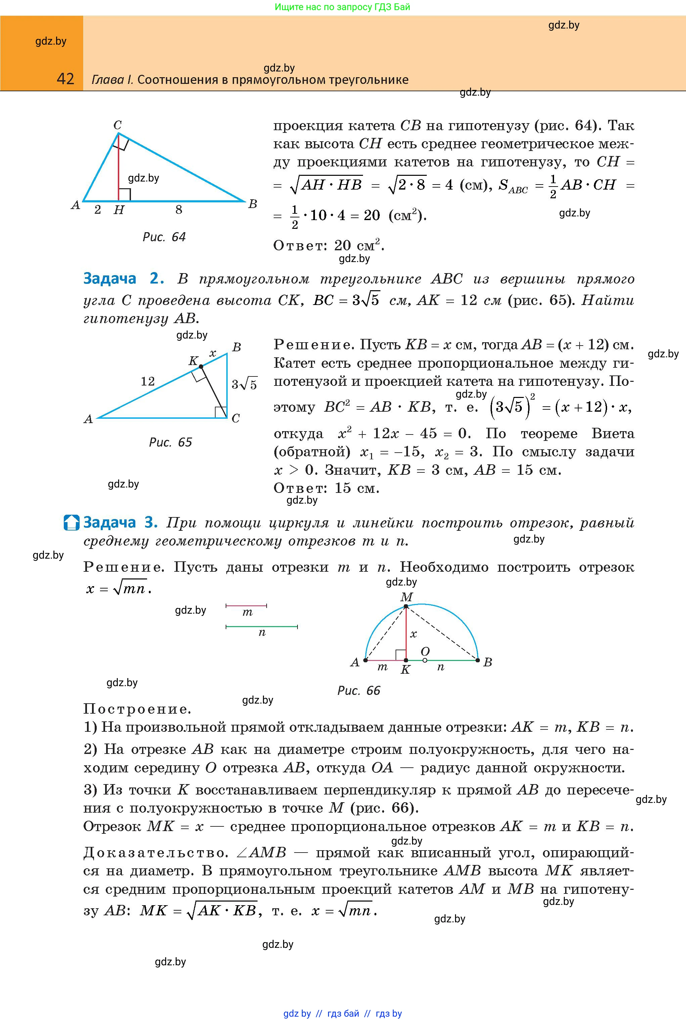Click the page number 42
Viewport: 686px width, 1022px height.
click(65, 79)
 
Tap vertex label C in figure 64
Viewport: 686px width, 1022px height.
click(118, 125)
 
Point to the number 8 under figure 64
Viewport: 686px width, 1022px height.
click(179, 210)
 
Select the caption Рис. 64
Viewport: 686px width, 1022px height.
click(164, 237)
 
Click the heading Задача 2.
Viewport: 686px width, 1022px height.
click(123, 278)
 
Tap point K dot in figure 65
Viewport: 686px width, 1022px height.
click(201, 366)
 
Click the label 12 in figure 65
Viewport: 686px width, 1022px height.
click(148, 381)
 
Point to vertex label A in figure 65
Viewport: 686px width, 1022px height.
click(88, 419)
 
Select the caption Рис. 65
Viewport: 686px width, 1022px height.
click(170, 442)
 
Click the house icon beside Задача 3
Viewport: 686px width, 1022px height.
click(71, 523)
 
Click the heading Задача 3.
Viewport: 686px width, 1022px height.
click(120, 523)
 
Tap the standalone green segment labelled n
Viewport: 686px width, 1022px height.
click(262, 627)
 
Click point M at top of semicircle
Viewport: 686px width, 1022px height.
click(406, 606)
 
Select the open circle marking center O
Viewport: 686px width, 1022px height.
click(425, 660)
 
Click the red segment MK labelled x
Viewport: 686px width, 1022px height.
click(406, 634)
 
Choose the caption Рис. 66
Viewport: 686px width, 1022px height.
click(359, 691)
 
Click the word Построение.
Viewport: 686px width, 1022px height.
click(137, 709)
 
